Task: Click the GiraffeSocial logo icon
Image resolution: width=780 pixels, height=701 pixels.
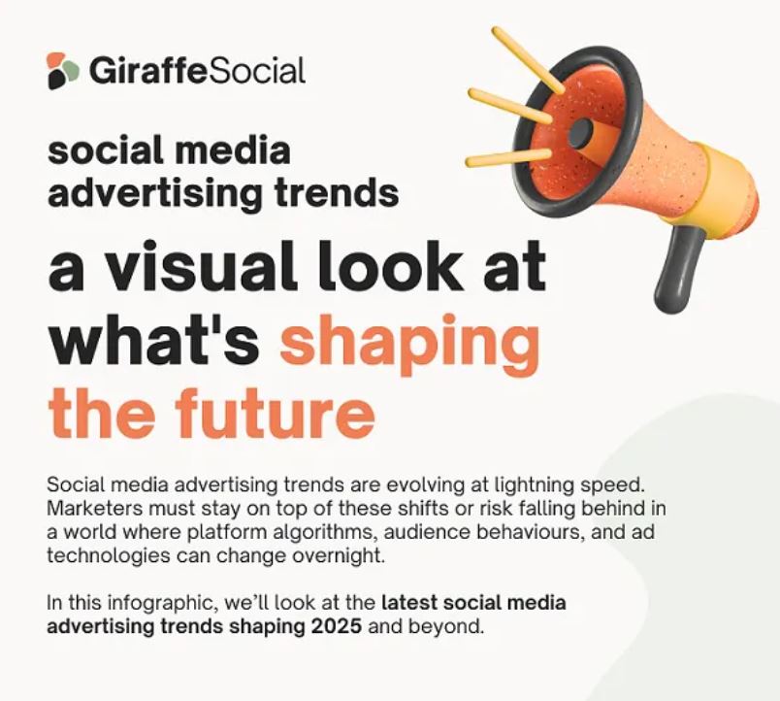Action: pyautogui.click(x=62, y=71)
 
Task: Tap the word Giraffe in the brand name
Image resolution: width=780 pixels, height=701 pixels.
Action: pyautogui.click(x=147, y=71)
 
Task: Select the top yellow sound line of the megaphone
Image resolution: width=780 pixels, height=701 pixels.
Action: pyautogui.click(x=529, y=60)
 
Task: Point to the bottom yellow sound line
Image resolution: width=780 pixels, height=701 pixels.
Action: pyautogui.click(x=509, y=157)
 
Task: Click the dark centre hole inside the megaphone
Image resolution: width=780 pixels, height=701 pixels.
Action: pyautogui.click(x=580, y=133)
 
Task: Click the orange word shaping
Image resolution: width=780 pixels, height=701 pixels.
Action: pyautogui.click(x=409, y=344)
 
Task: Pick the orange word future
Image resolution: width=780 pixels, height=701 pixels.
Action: pyautogui.click(x=275, y=414)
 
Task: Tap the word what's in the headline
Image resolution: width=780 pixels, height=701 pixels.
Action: pyautogui.click(x=153, y=340)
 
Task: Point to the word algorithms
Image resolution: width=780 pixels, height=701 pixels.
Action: pyautogui.click(x=324, y=533)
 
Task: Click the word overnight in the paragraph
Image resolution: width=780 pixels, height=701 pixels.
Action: pyautogui.click(x=339, y=556)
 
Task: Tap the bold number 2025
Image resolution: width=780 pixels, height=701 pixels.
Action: pyautogui.click(x=337, y=626)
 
